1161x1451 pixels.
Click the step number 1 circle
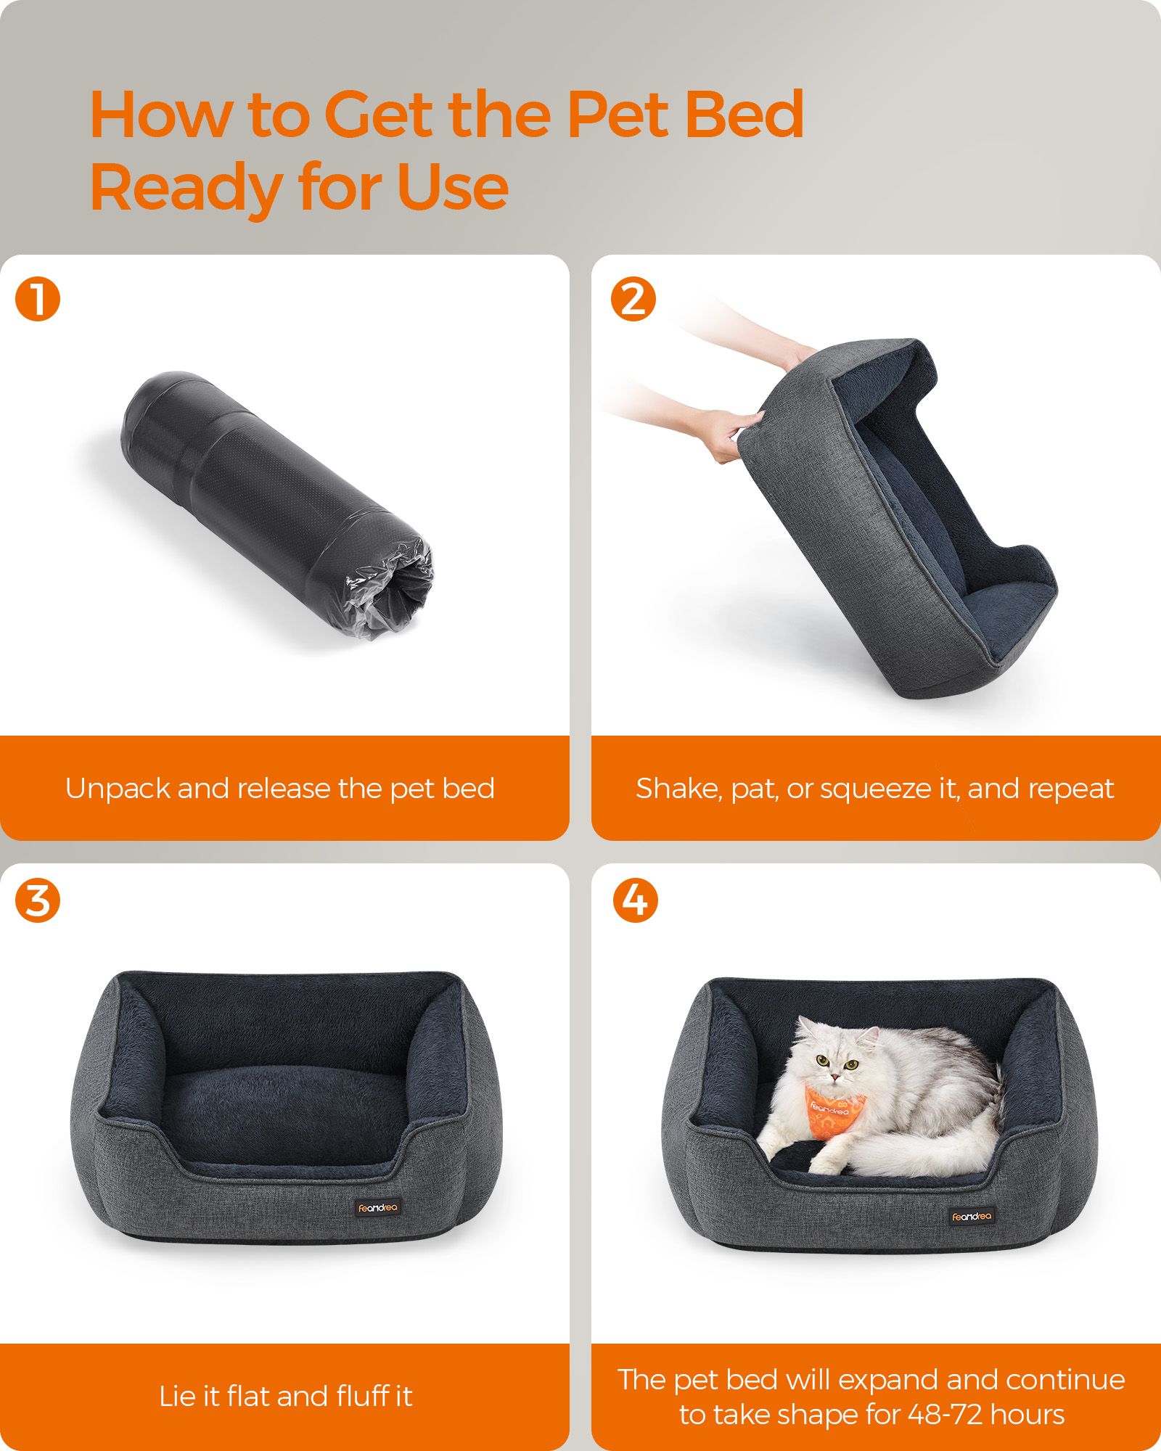pyautogui.click(x=38, y=300)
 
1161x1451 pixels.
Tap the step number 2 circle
pyautogui.click(x=633, y=300)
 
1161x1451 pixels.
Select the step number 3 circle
pyautogui.click(x=38, y=901)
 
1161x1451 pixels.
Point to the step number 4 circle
pyautogui.click(x=636, y=901)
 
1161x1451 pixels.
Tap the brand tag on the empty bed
pyautogui.click(x=377, y=1209)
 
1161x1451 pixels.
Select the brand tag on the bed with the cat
pyautogui.click(x=972, y=1216)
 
